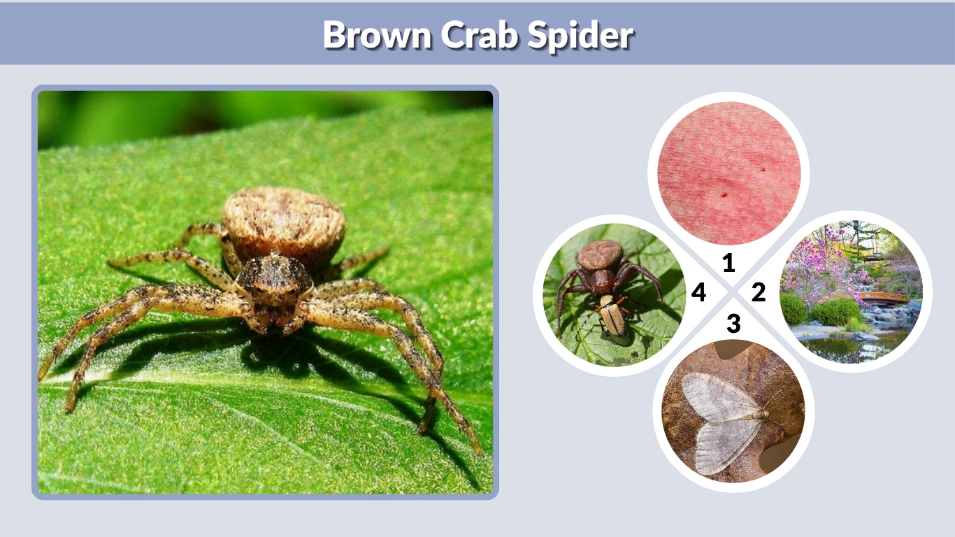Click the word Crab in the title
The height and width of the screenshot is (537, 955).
point(480,34)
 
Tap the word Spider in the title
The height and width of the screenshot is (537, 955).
point(581,34)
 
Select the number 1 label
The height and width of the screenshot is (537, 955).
point(728,263)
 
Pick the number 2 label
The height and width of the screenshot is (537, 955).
point(759,292)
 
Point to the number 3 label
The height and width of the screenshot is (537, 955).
point(733,323)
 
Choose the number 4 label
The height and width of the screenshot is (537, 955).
point(698,292)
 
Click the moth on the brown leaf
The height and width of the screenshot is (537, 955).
point(724,416)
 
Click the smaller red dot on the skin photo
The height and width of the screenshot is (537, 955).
point(764,168)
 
